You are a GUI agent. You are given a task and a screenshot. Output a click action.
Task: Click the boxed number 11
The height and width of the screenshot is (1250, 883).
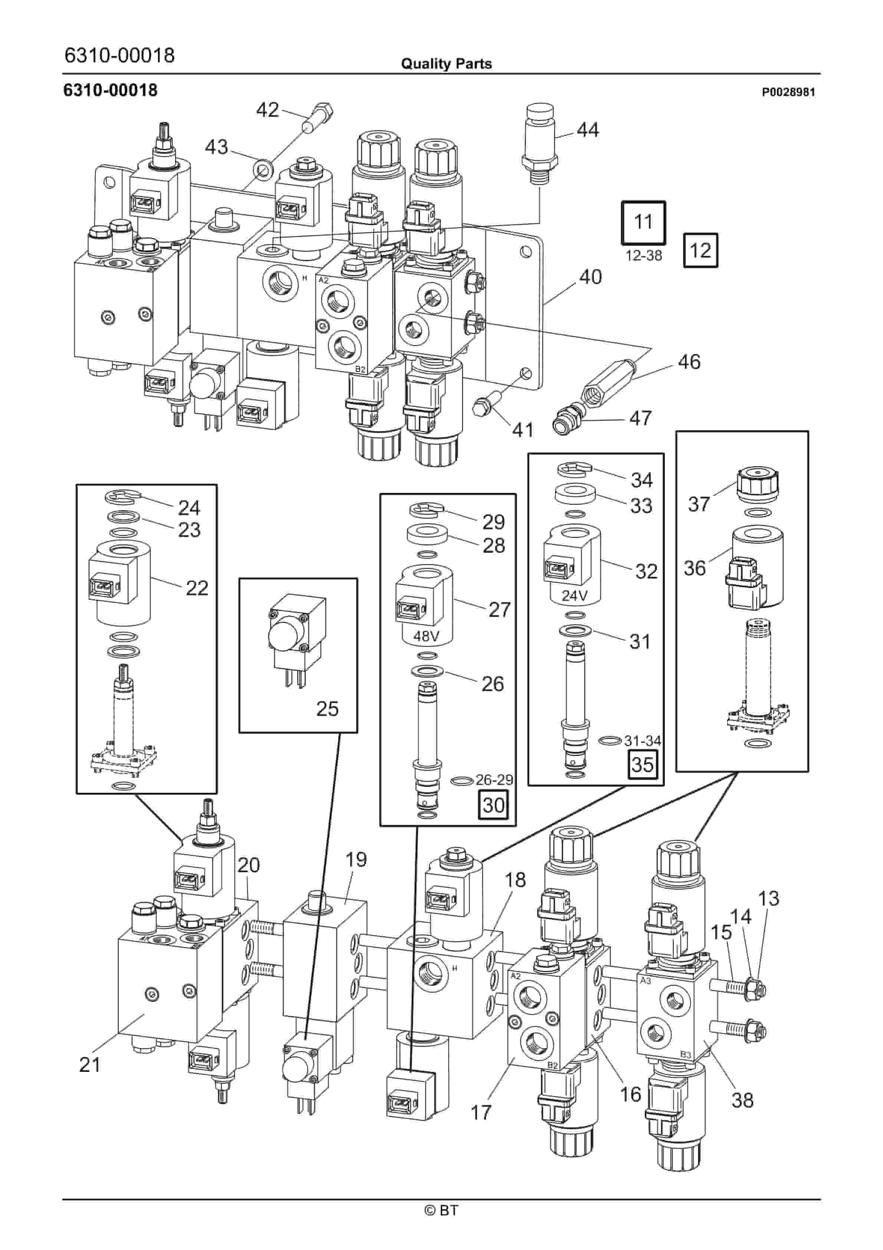click(643, 222)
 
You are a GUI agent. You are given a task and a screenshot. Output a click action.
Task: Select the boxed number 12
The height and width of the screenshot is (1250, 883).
click(700, 251)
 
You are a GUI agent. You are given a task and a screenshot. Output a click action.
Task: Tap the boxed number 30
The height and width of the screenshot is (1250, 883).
click(493, 805)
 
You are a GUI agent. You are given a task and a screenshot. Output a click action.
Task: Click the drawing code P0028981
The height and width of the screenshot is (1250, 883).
click(788, 92)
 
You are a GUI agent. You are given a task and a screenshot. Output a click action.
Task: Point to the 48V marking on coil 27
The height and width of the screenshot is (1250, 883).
click(426, 635)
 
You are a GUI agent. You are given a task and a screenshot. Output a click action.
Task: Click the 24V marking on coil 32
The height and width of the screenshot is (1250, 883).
click(574, 596)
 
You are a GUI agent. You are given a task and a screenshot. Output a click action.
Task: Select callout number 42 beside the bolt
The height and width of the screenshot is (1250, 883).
click(267, 110)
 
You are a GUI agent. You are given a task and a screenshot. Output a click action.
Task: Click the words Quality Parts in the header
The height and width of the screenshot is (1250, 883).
click(446, 64)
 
